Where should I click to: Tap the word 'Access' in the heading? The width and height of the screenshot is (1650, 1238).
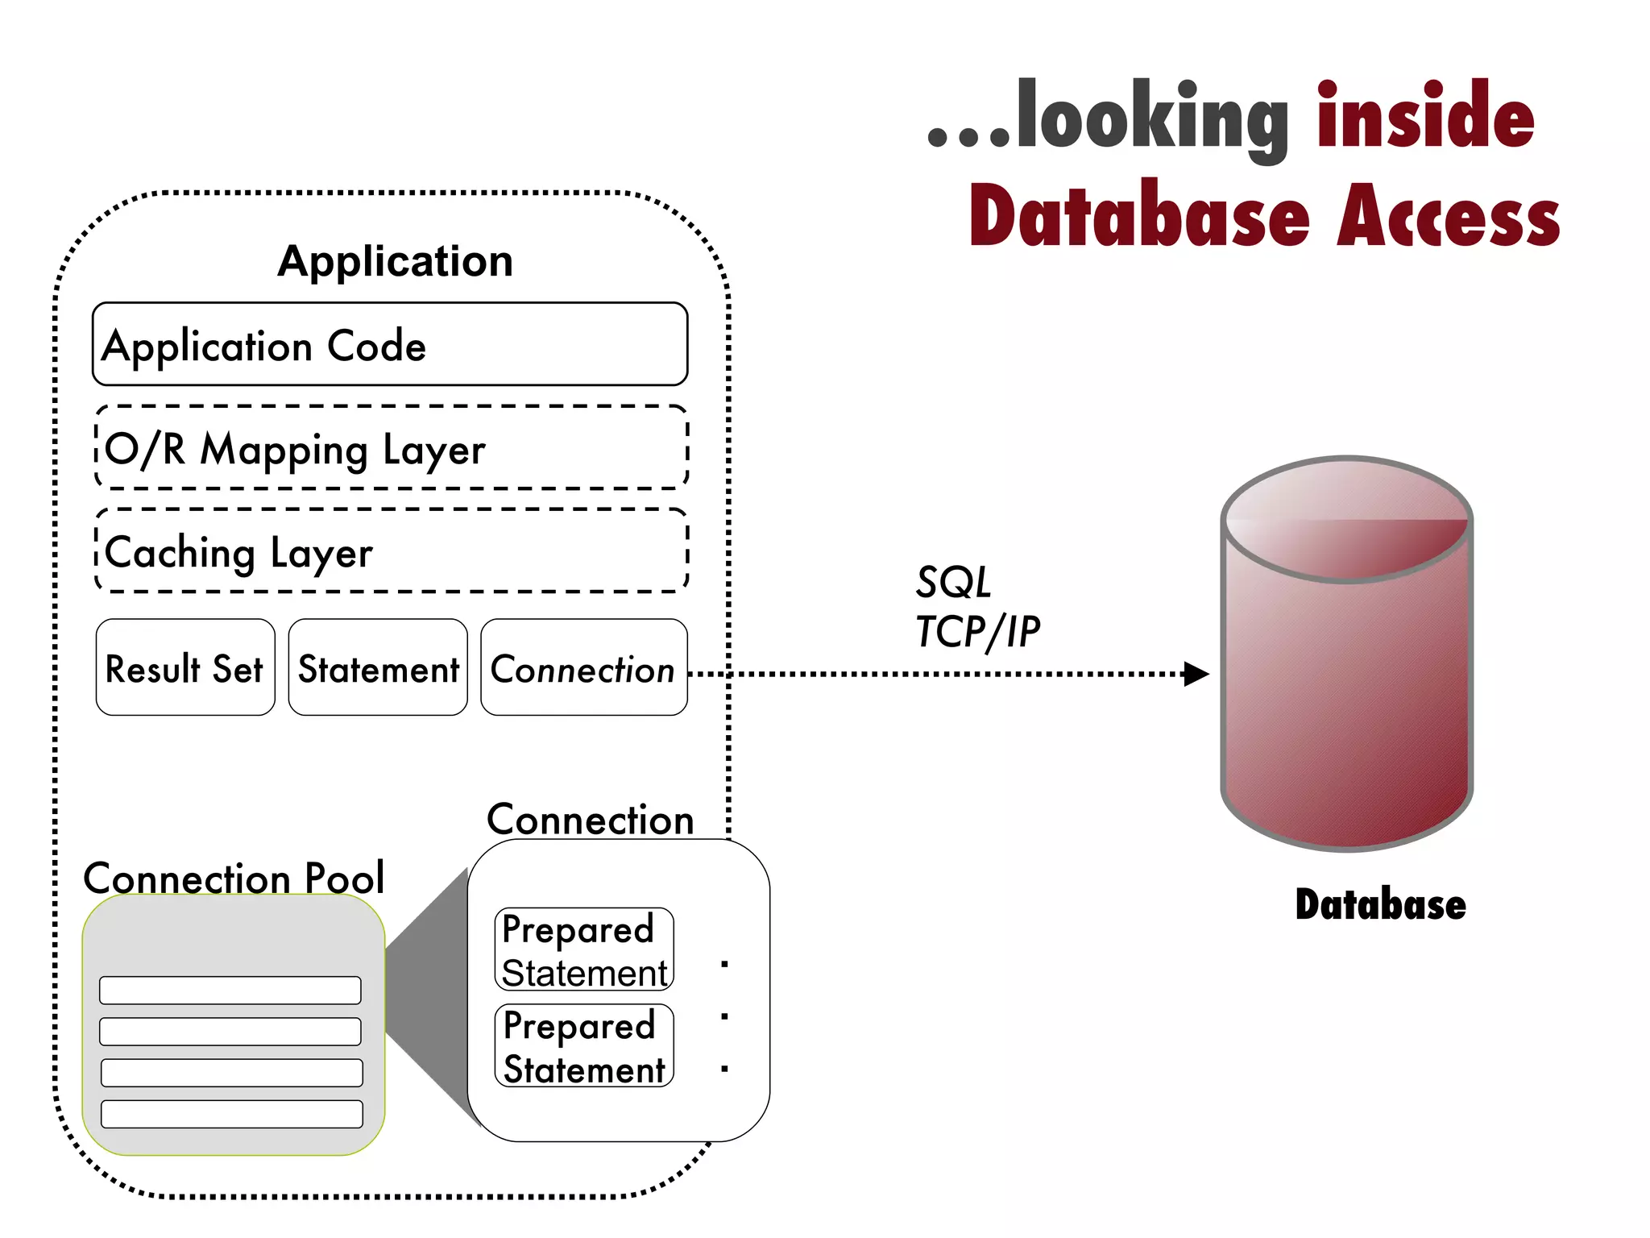pyautogui.click(x=1448, y=216)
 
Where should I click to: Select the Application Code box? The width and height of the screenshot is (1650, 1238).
pyautogui.click(x=390, y=345)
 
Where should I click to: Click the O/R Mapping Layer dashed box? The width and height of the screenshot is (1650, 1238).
pyautogui.click(x=392, y=448)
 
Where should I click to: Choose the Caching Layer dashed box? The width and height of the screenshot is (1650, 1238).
pyautogui.click(x=392, y=551)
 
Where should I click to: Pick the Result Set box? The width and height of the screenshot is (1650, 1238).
pyautogui.click(x=185, y=668)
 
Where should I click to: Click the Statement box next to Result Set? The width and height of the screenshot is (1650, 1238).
pyautogui.click(x=378, y=668)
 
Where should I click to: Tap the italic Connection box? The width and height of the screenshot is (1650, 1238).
pyautogui.click(x=583, y=668)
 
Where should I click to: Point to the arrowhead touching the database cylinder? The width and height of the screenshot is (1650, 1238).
pyautogui.click(x=1196, y=674)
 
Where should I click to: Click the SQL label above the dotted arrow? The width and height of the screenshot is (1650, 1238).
pyautogui.click(x=953, y=583)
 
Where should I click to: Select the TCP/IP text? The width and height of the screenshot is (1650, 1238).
pyautogui.click(x=978, y=632)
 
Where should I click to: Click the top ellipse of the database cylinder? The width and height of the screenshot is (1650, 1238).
pyautogui.click(x=1347, y=520)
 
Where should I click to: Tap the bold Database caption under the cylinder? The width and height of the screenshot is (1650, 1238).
pyautogui.click(x=1380, y=904)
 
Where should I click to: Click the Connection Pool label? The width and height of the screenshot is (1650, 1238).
pyautogui.click(x=234, y=877)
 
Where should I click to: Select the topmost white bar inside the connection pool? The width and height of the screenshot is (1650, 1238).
pyautogui.click(x=230, y=991)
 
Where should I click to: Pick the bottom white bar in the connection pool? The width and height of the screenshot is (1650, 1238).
pyautogui.click(x=232, y=1114)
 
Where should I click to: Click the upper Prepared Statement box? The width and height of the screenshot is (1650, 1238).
pyautogui.click(x=584, y=949)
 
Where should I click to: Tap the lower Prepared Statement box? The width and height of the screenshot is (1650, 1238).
pyautogui.click(x=584, y=1046)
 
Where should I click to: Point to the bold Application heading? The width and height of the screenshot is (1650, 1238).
pyautogui.click(x=395, y=261)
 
